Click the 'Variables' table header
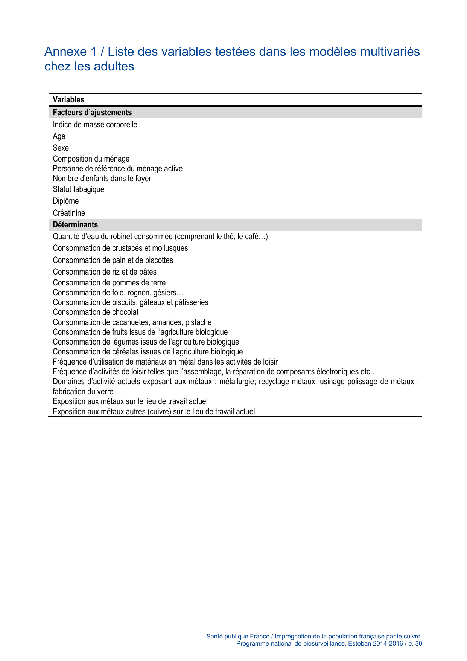[x=68, y=100]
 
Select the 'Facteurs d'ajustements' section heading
[x=92, y=113]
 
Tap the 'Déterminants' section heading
[x=75, y=225]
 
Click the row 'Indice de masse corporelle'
[x=95, y=125]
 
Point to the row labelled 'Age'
[x=59, y=136]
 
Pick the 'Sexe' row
[x=61, y=148]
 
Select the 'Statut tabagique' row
[x=78, y=189]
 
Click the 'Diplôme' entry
[x=65, y=201]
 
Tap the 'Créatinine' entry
[x=69, y=213]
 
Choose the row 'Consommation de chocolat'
[x=96, y=312]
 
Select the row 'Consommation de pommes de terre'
[x=109, y=283]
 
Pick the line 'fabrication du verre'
[x=83, y=392]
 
